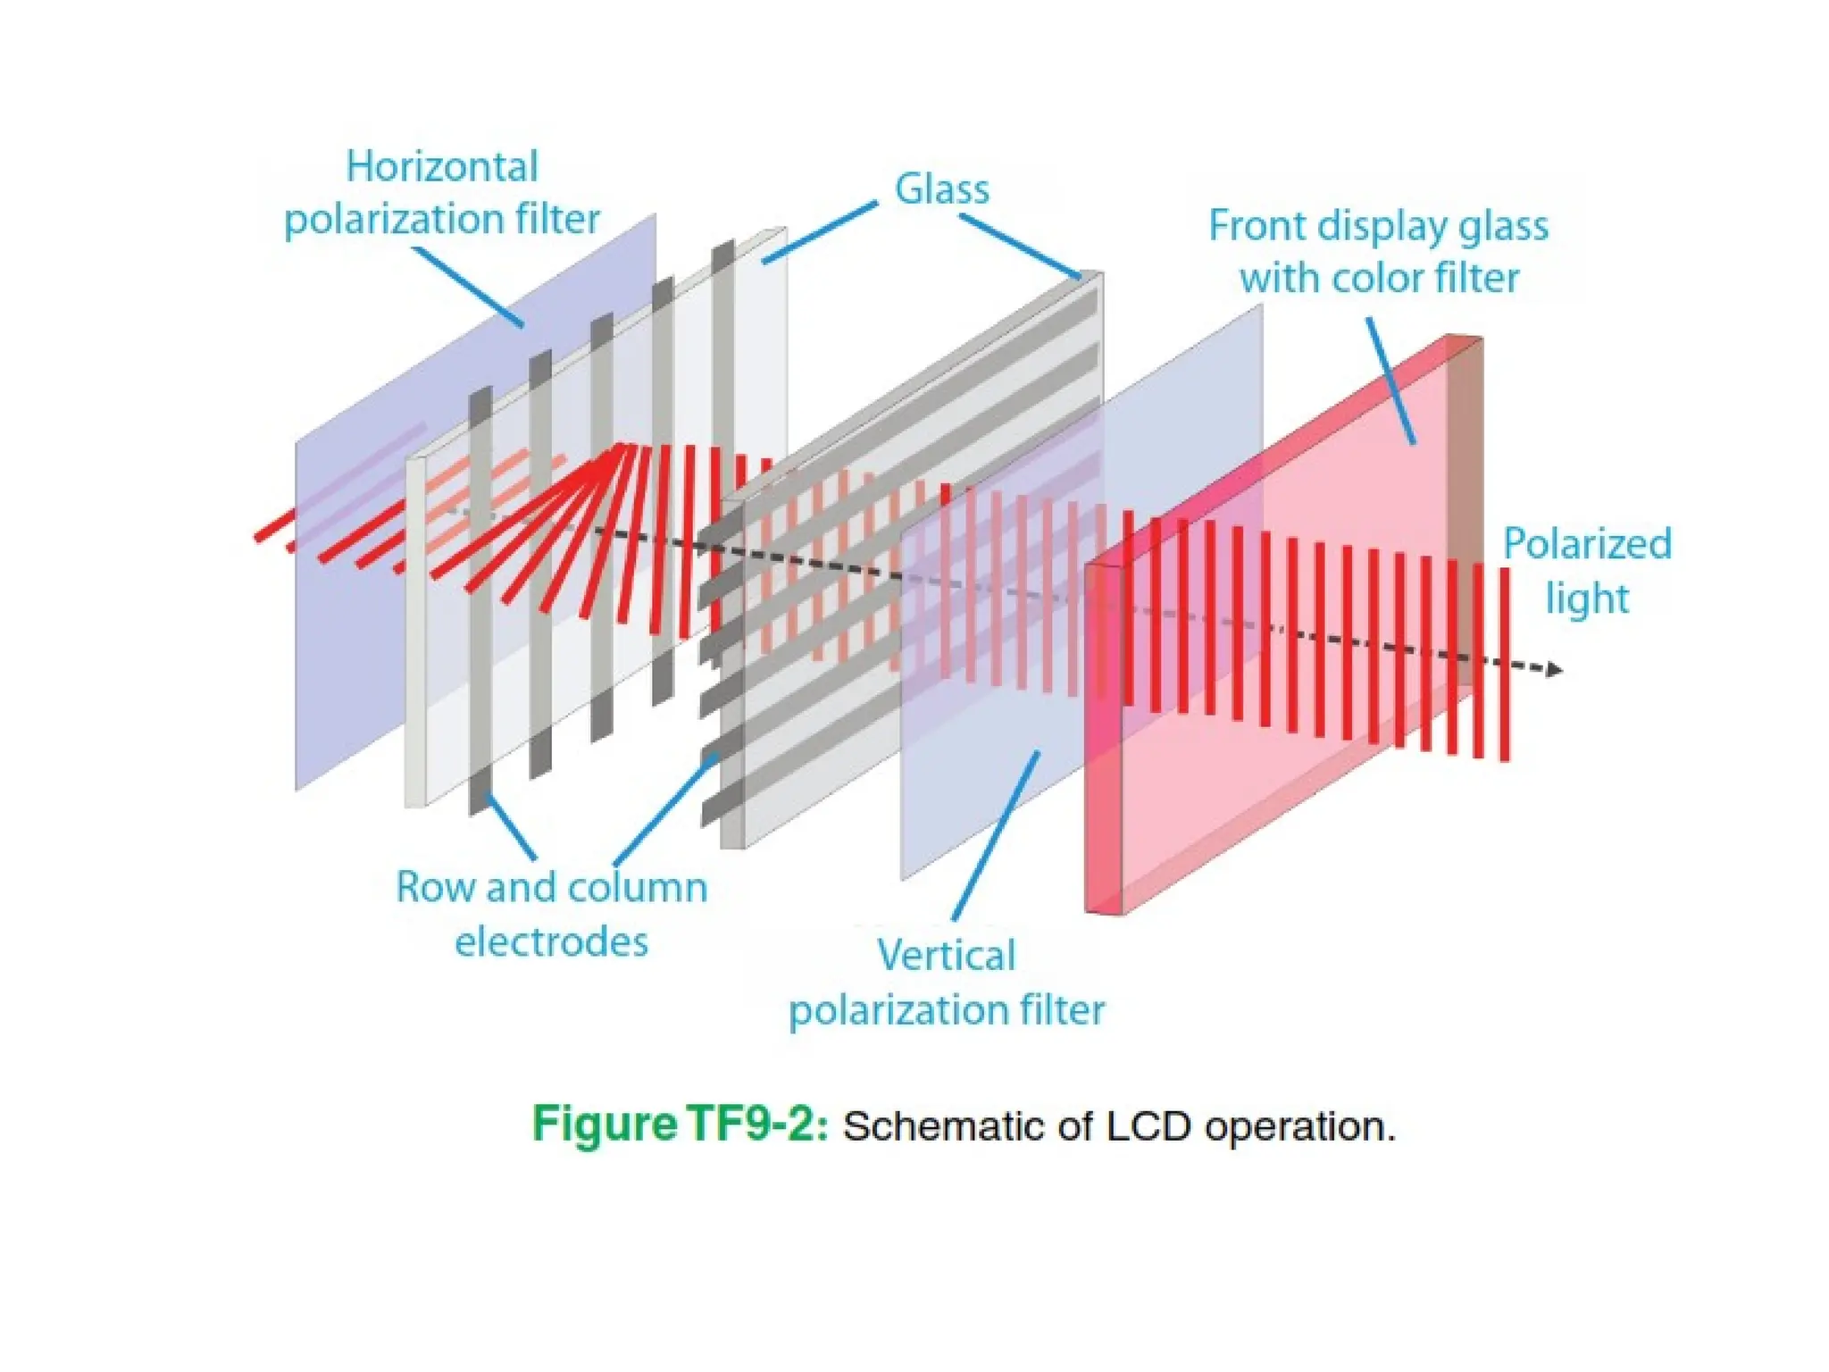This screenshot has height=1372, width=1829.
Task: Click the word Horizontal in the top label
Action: pyautogui.click(x=442, y=167)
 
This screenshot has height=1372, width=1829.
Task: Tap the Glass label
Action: pyautogui.click(x=942, y=189)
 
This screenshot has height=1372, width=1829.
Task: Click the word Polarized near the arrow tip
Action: pyautogui.click(x=1587, y=544)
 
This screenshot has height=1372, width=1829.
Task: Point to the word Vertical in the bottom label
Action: pyautogui.click(x=947, y=955)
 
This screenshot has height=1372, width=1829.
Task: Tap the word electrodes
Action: pyautogui.click(x=551, y=941)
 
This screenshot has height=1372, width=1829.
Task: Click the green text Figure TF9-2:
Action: pyautogui.click(x=680, y=1124)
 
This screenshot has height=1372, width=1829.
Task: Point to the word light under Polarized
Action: pyautogui.click(x=1587, y=598)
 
